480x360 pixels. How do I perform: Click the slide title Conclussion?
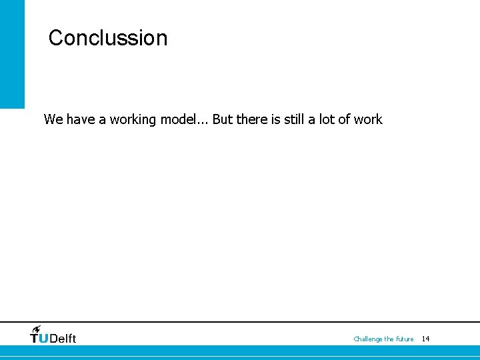(107, 38)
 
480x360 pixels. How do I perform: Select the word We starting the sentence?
(53, 120)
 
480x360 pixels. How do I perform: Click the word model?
(175, 120)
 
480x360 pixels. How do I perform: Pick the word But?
(223, 120)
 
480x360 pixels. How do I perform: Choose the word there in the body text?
(252, 120)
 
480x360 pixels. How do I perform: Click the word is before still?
(275, 120)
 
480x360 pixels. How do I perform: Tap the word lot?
(323, 120)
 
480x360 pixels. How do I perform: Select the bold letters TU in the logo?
(39, 338)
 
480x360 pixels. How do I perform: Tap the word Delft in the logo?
(63, 338)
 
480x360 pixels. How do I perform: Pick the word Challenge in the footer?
(368, 339)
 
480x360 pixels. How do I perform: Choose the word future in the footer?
(405, 339)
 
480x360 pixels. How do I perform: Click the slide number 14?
(426, 339)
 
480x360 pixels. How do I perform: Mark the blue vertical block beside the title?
(12, 53)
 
